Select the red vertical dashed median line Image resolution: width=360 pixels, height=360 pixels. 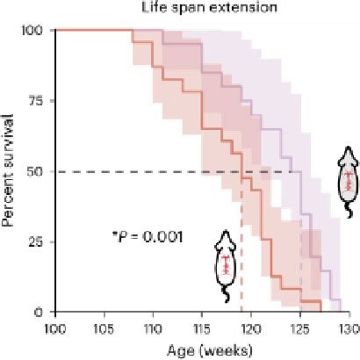(241, 246)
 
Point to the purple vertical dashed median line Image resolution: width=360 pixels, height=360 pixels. (300, 246)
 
